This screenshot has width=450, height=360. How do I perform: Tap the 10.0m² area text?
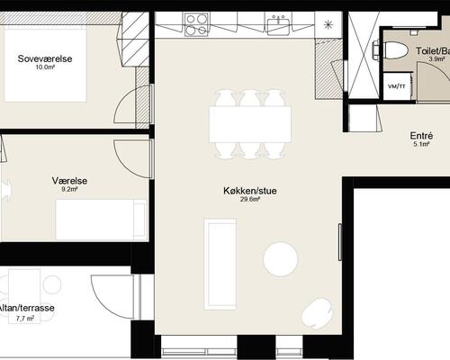(x=46, y=67)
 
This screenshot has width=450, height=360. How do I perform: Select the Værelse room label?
(x=68, y=180)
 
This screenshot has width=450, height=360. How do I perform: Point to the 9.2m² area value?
(x=69, y=189)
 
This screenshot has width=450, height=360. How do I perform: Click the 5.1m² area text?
(x=423, y=144)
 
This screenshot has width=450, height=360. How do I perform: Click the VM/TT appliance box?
(x=394, y=86)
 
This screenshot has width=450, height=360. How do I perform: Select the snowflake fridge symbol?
(x=329, y=22)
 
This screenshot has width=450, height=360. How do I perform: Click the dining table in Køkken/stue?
(x=251, y=123)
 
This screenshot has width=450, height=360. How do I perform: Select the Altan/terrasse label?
(x=27, y=308)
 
